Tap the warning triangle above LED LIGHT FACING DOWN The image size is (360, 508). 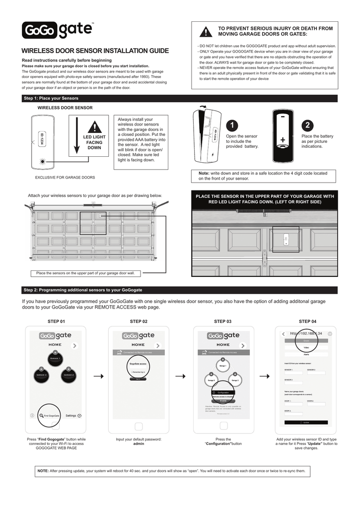tap(94, 127)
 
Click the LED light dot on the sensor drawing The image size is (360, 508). tap(42, 162)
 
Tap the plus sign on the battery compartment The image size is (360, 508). tap(283, 141)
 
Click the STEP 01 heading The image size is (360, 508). tap(56, 321)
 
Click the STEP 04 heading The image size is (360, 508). tap(307, 321)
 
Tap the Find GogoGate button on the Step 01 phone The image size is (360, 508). tap(50, 415)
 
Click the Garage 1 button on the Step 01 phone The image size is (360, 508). tap(55, 359)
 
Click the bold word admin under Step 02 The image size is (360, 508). tap(139, 444)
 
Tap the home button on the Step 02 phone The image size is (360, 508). tap(139, 425)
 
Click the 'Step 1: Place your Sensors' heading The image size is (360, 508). tap(51, 98)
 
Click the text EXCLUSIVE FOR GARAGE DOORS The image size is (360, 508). tap(65, 177)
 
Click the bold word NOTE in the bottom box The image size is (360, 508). tap(43, 470)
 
